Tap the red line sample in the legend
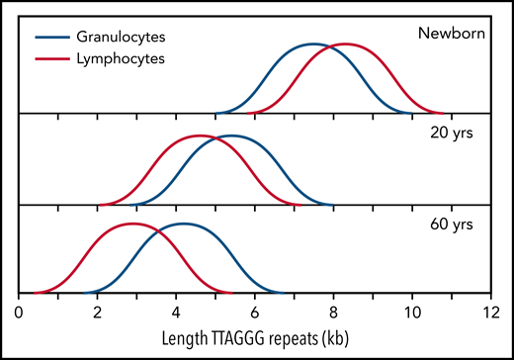pos(55,58)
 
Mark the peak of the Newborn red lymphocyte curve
pos(346,45)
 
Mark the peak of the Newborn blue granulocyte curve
pos(313,45)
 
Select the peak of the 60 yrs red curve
pos(133,225)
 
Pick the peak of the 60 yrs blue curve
pos(184,225)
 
